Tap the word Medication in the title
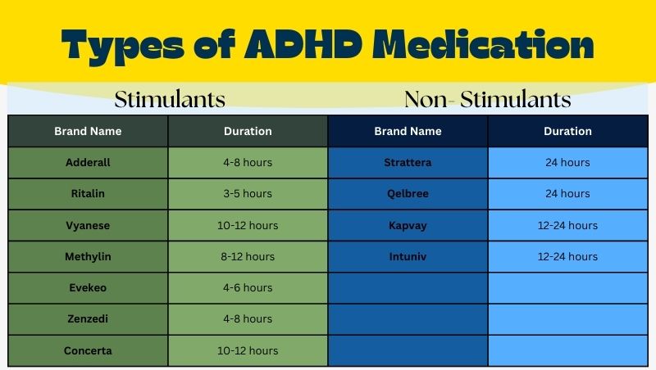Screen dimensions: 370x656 coord(485,45)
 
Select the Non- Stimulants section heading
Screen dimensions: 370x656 coord(488,100)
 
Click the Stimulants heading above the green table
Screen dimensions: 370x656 coord(170,100)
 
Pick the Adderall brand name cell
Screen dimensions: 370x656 coord(88,162)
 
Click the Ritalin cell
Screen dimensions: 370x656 coord(88,194)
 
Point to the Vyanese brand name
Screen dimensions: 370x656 coord(88,225)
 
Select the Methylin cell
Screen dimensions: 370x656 coord(88,256)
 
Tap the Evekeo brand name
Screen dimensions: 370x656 coord(88,287)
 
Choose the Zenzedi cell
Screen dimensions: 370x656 coord(88,318)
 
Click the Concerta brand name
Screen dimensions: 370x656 coord(88,350)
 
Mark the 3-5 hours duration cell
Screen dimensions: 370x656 coord(248,194)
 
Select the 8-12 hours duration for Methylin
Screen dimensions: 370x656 coord(248,256)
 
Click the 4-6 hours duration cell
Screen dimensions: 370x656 coord(248,287)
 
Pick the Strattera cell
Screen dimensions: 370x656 coord(408,162)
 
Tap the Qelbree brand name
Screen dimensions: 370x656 coord(408,194)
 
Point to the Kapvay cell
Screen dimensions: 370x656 coord(408,225)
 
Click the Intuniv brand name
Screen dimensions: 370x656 coord(408,256)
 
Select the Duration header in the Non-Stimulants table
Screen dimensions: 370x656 coord(567,131)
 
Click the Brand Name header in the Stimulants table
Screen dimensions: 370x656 coord(88,131)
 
